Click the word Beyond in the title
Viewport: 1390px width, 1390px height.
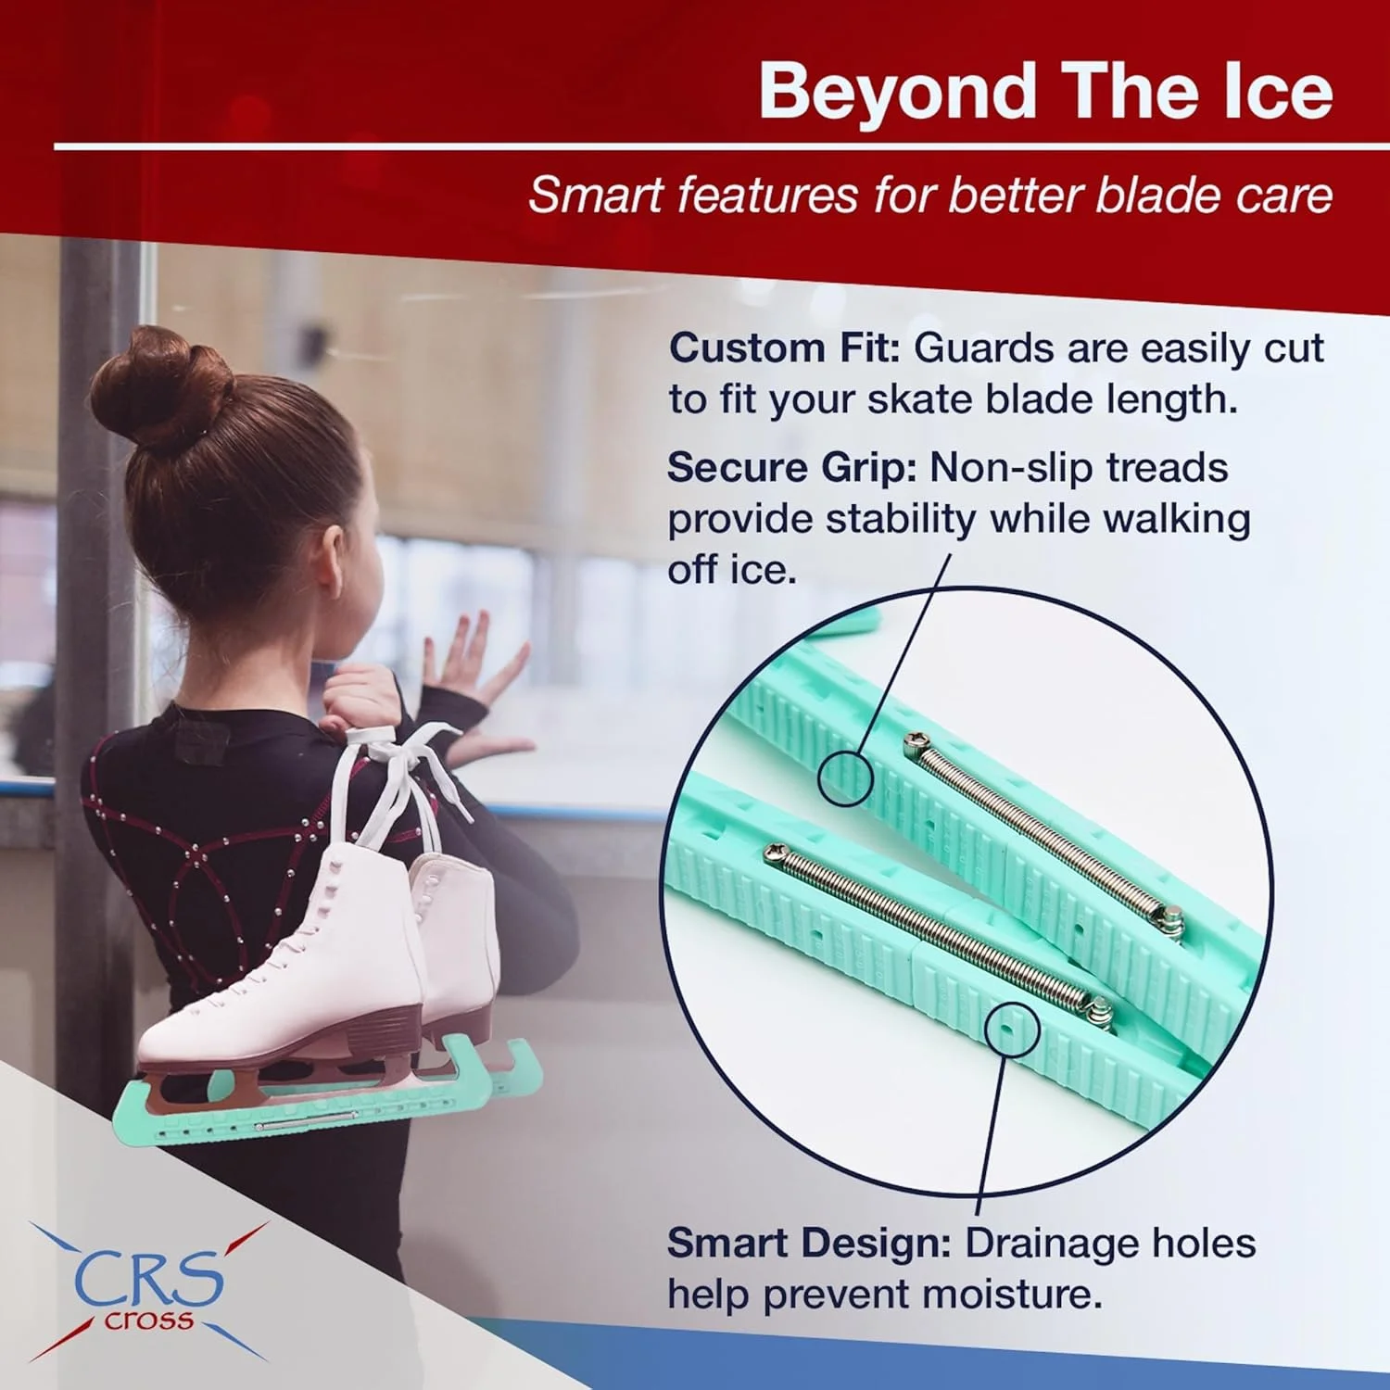[897, 91]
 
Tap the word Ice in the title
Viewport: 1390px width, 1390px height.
[1279, 91]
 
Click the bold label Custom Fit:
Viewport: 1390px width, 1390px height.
[785, 348]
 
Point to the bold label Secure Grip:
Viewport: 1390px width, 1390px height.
[792, 467]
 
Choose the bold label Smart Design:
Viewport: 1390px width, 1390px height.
[809, 1243]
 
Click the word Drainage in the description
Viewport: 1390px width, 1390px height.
[1057, 1245]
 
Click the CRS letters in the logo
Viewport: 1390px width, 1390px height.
[149, 1278]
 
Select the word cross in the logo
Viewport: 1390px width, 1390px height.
[149, 1320]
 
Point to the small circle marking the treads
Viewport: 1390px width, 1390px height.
[845, 777]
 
